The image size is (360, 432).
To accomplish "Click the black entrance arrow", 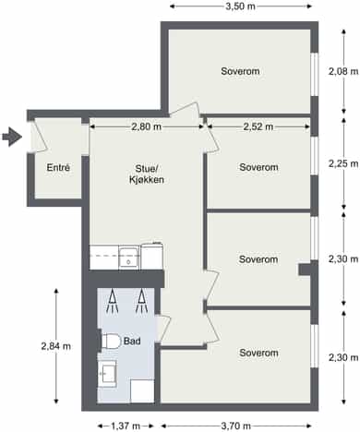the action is click(x=12, y=137).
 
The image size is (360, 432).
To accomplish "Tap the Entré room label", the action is click(x=58, y=167).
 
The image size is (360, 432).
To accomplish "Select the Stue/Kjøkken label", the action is click(x=147, y=174).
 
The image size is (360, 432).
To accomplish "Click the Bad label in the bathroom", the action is click(x=132, y=341).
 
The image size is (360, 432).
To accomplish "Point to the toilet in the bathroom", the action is click(x=111, y=342).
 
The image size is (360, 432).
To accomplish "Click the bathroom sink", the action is click(x=107, y=374).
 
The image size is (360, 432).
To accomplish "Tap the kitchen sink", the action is click(x=129, y=258).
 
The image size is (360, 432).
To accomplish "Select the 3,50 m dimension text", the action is click(x=241, y=6).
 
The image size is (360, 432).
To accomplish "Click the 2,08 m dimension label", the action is click(x=343, y=71).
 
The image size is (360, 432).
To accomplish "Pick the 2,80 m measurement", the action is click(x=147, y=126).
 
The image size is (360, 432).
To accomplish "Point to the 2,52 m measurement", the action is click(x=258, y=126).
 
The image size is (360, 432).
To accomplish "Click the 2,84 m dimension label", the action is click(x=56, y=346).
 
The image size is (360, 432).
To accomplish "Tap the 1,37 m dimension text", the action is click(x=126, y=426).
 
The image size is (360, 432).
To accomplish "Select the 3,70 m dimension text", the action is click(x=235, y=426).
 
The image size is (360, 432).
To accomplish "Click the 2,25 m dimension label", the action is click(x=343, y=163).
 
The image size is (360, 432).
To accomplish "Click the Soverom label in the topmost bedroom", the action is click(x=240, y=71).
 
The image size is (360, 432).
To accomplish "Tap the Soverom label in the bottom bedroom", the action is click(x=258, y=353).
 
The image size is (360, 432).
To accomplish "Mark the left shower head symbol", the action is click(x=113, y=301).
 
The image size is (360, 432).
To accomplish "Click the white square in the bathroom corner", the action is click(x=142, y=390).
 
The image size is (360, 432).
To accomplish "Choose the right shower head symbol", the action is click(x=141, y=301).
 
